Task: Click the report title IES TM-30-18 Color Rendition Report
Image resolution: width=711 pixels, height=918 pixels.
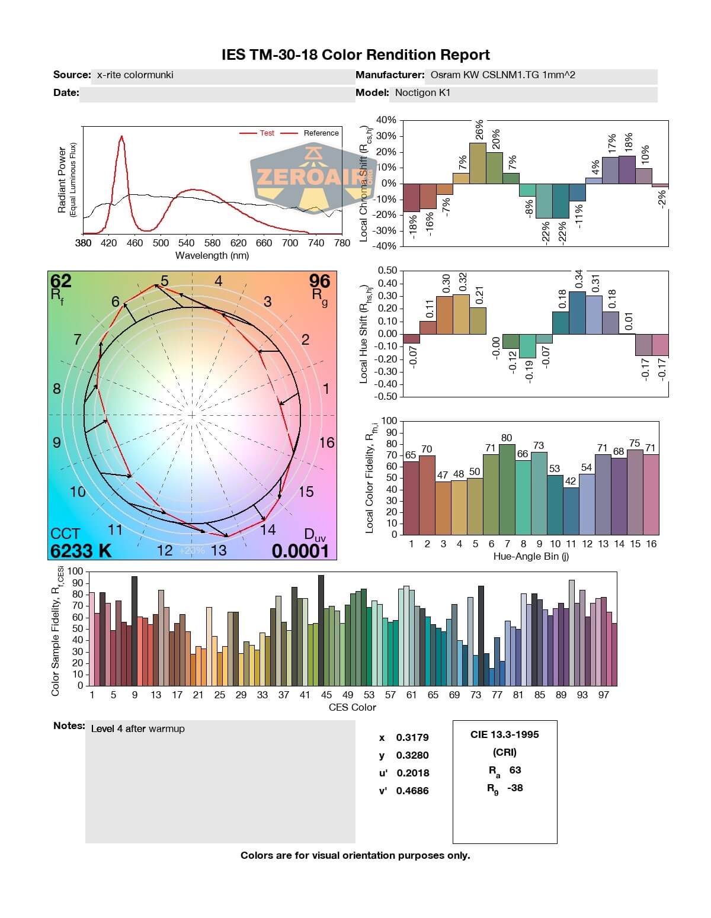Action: (355, 55)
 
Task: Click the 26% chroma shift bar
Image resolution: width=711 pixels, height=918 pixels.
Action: (478, 163)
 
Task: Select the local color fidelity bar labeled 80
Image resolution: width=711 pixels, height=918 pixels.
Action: (507, 489)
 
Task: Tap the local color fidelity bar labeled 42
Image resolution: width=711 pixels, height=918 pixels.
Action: (571, 511)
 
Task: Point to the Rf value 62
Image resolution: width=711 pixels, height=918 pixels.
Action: (60, 280)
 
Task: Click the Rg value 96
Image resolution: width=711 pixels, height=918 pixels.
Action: (319, 280)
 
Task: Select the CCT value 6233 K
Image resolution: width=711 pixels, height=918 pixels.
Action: (81, 551)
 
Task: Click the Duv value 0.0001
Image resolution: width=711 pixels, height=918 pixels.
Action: (300, 551)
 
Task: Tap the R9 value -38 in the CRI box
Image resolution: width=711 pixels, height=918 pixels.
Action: (515, 788)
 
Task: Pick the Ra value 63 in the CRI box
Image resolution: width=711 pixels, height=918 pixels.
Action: (515, 770)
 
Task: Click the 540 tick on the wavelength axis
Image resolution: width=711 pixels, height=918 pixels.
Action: (187, 243)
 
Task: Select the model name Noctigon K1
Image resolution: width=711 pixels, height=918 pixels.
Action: (422, 92)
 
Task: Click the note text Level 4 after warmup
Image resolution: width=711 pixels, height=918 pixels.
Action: (137, 728)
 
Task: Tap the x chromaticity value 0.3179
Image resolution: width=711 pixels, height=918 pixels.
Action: (412, 737)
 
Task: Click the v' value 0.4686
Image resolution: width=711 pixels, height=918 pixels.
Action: (412, 791)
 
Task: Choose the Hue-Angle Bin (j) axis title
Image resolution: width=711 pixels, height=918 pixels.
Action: (531, 556)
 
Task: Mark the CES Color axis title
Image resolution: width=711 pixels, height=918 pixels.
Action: (352, 707)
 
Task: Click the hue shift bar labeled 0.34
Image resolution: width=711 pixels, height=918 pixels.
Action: (577, 313)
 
